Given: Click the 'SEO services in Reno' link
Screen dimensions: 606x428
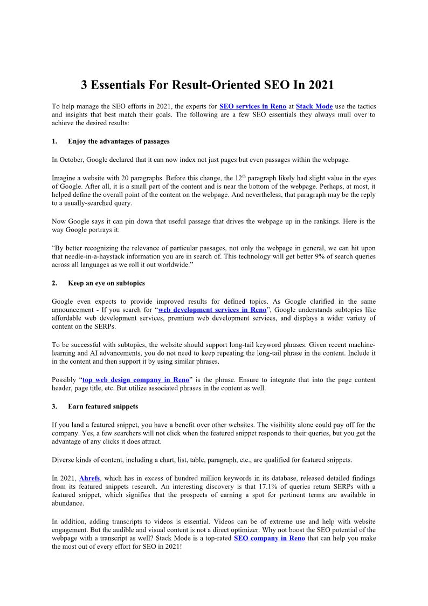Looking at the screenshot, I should pos(253,107).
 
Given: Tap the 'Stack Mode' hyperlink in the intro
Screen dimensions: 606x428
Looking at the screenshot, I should pos(314,107).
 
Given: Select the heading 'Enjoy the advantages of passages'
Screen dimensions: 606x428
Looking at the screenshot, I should pos(119,141).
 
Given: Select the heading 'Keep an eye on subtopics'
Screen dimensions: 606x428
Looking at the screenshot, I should pos(106,283).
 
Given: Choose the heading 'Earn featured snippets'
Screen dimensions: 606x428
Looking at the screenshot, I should pos(103,406).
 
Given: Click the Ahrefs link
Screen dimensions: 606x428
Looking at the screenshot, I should pos(89,478).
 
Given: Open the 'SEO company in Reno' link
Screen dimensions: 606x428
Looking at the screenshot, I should pos(270,539).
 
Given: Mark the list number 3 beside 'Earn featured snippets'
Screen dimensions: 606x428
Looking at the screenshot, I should pos(54,406).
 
